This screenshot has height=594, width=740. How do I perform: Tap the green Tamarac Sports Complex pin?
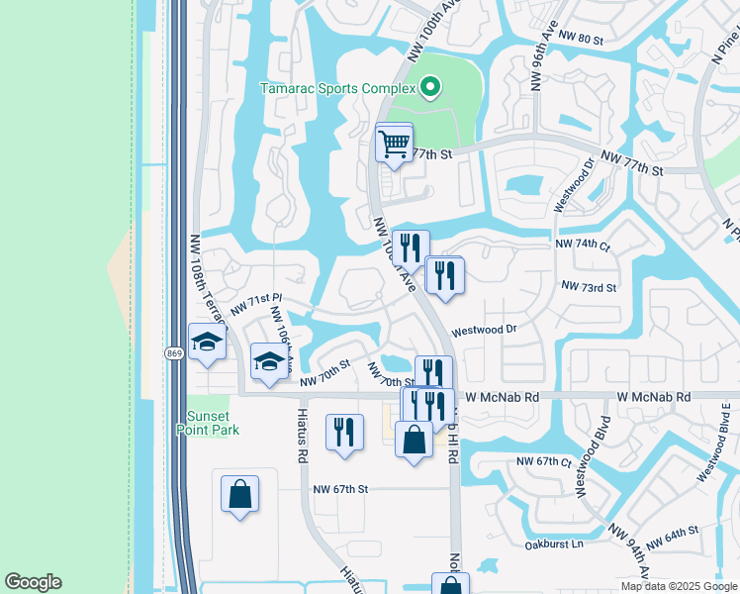tap(429, 89)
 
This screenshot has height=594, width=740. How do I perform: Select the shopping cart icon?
tap(394, 145)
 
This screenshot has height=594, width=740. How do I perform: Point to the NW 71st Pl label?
tap(257, 304)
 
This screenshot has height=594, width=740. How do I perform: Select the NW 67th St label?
tap(340, 489)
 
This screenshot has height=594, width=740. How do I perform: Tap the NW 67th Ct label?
tap(544, 462)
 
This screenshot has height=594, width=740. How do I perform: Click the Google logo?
tap(33, 582)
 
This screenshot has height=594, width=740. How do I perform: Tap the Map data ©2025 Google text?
tap(679, 586)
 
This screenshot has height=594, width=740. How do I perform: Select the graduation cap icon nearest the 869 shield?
tap(207, 342)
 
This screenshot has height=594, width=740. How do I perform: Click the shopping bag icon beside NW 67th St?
tap(239, 494)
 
